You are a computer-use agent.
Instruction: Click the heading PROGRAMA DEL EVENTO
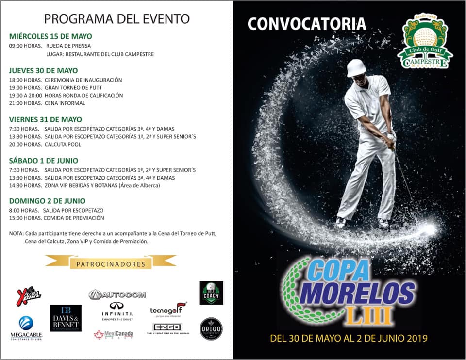(x=116, y=19)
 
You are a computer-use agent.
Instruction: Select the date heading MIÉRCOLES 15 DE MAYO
(x=50, y=36)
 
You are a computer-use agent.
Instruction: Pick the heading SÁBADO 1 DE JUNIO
(x=44, y=161)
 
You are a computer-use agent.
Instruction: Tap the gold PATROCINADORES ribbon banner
(x=111, y=264)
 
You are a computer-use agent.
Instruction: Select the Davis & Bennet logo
(x=66, y=318)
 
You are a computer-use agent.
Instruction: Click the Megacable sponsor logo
(x=26, y=328)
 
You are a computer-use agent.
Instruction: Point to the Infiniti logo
(x=117, y=311)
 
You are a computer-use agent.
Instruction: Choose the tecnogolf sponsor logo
(x=168, y=309)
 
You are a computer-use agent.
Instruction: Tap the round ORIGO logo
(x=211, y=329)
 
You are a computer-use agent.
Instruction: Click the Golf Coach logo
(x=211, y=293)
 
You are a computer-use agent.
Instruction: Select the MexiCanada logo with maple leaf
(x=113, y=335)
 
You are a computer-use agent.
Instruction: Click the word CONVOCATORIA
(x=306, y=24)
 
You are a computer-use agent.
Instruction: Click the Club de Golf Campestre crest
(x=425, y=41)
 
